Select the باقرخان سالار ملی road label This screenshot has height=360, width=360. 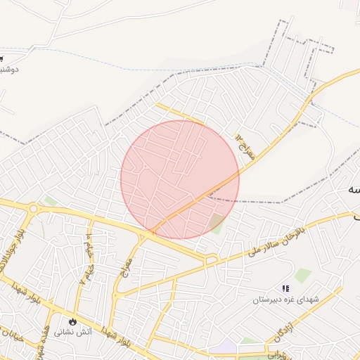coord(277,240)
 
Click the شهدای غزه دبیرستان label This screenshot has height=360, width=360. coord(286,300)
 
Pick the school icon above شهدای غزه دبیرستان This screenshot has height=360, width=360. coord(285,288)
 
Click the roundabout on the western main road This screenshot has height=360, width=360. coord(33,207)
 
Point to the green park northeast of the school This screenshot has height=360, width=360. coord(303,275)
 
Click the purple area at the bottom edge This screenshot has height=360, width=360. coord(224,347)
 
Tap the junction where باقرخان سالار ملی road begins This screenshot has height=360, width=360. coord(210,261)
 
